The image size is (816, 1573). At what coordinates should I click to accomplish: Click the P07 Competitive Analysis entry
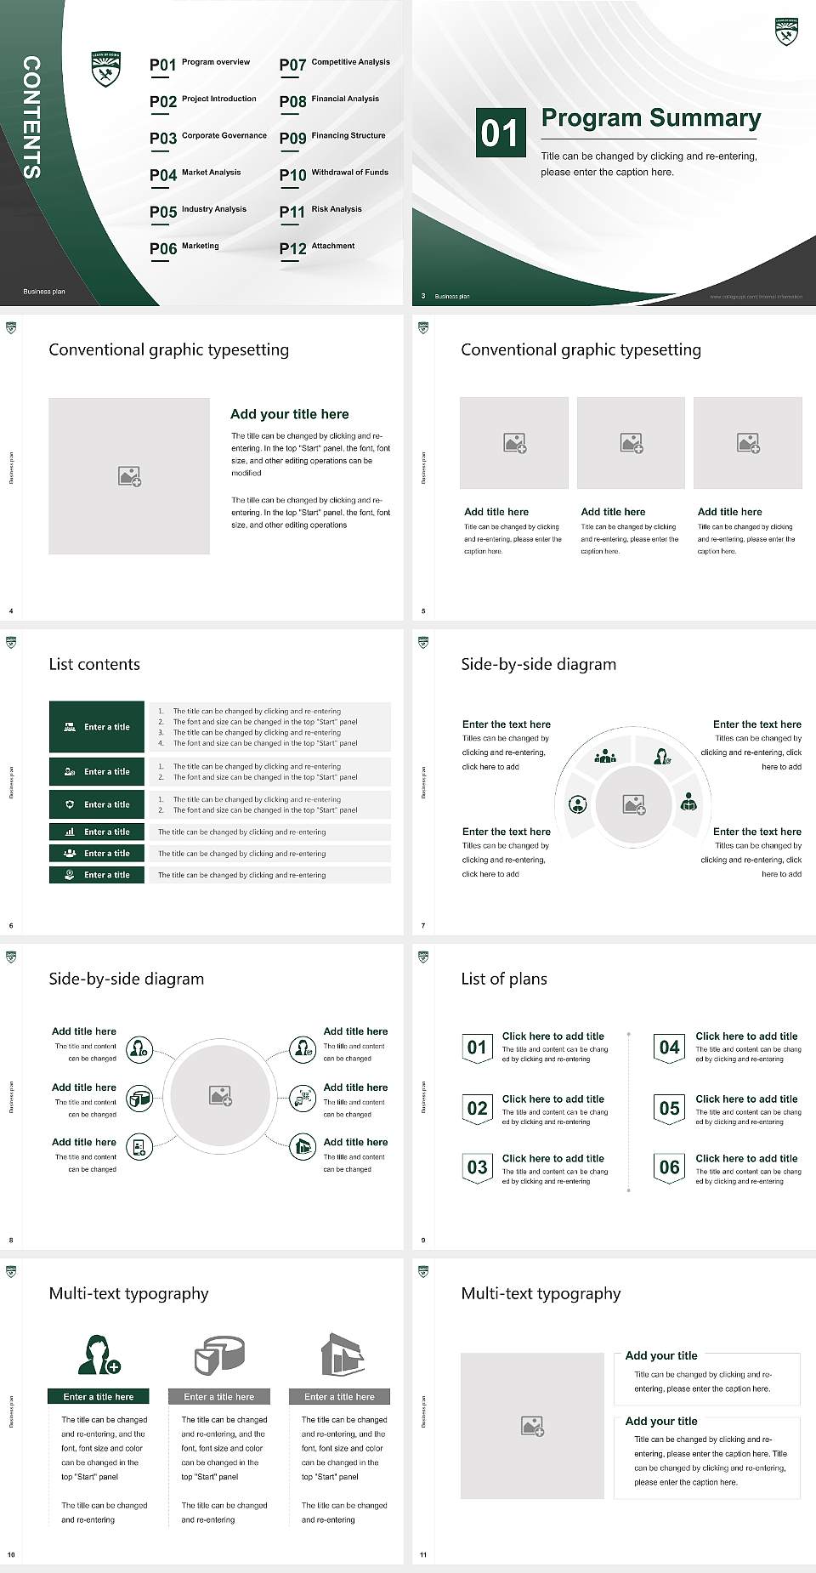(334, 64)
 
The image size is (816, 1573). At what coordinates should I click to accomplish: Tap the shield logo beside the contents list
(106, 70)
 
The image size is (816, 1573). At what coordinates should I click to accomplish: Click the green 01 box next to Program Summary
(499, 133)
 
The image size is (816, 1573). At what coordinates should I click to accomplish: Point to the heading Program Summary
(650, 118)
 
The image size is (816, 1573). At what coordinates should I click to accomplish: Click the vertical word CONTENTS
(31, 117)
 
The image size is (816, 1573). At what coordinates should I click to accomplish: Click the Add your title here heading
(289, 414)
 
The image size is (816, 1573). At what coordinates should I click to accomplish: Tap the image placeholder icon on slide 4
(129, 476)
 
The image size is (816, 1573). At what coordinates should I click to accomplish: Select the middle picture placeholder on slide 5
(631, 443)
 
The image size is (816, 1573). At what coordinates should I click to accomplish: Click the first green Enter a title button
(97, 727)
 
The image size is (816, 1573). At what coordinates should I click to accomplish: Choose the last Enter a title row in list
(97, 875)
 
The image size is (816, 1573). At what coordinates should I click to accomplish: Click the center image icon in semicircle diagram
(633, 804)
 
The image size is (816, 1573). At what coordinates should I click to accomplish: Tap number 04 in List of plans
(669, 1048)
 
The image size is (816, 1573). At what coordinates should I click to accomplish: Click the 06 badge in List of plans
(669, 1167)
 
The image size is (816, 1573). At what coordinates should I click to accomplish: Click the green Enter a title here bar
(98, 1396)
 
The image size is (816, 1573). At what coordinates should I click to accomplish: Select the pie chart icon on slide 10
(219, 1354)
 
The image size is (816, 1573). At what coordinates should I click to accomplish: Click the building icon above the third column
(342, 1354)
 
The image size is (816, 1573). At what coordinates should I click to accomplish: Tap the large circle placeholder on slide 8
(220, 1096)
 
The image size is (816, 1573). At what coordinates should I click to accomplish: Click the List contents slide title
(94, 664)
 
